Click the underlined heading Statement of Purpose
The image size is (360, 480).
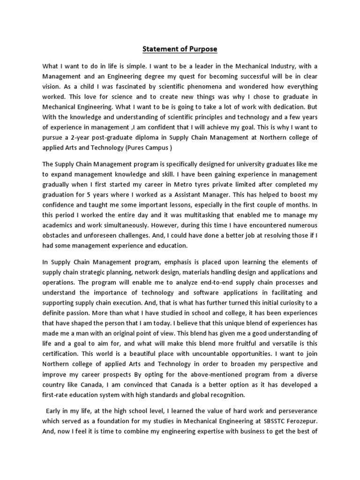pos(180,49)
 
